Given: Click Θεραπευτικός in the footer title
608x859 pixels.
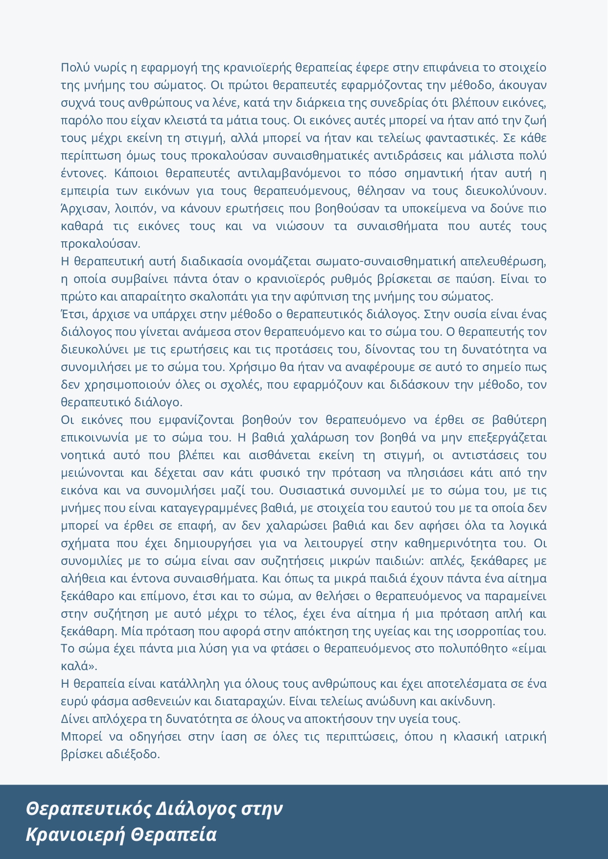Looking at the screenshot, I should [x=89, y=809].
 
